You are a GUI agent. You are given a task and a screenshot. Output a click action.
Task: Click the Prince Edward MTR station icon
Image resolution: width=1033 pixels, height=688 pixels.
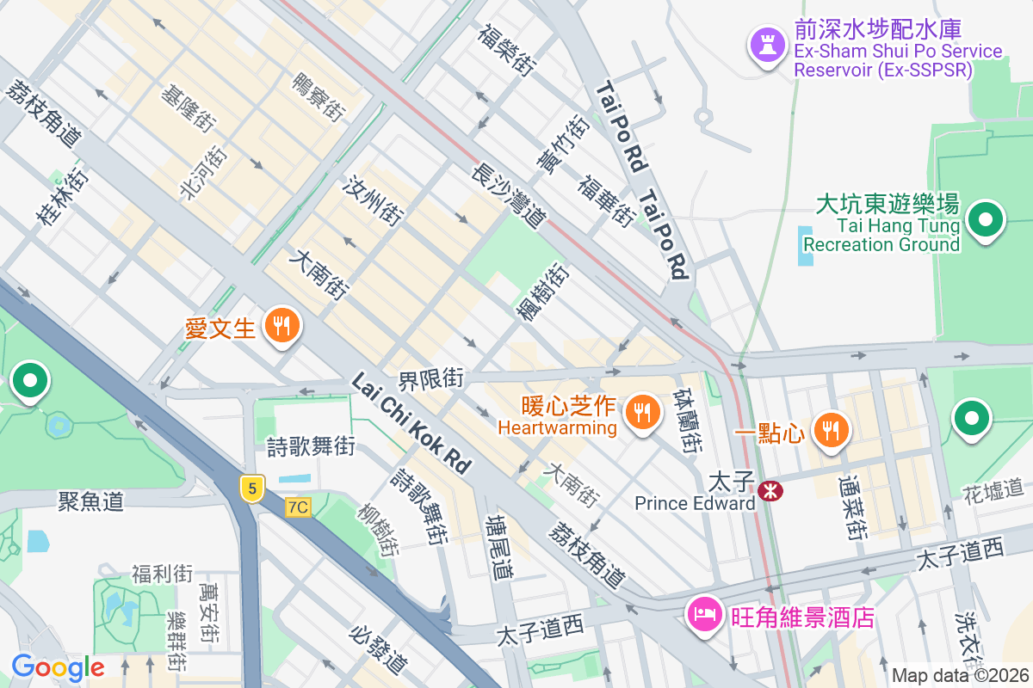click(x=770, y=490)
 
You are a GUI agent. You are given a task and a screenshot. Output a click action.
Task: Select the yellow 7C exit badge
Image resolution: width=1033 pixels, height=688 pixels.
click(x=298, y=507)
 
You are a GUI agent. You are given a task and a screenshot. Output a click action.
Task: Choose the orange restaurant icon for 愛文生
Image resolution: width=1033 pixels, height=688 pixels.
click(x=281, y=326)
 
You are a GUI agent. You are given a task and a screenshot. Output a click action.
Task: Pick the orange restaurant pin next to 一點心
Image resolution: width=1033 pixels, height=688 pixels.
click(x=831, y=430)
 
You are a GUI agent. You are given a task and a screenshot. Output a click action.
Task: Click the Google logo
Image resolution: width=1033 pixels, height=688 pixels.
click(x=58, y=667)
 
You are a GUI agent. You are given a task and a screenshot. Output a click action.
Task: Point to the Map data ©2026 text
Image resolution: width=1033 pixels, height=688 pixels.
click(x=960, y=675)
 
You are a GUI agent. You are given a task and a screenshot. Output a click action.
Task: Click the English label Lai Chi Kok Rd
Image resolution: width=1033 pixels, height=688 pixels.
click(x=411, y=424)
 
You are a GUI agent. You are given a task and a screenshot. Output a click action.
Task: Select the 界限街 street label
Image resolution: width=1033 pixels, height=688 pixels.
click(x=430, y=378)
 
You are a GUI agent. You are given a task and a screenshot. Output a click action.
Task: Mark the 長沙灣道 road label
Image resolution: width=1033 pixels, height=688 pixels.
click(x=509, y=197)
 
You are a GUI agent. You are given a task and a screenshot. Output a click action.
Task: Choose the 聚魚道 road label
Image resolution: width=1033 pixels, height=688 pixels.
click(x=91, y=500)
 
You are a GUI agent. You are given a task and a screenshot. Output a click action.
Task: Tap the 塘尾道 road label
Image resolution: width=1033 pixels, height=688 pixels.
click(x=499, y=546)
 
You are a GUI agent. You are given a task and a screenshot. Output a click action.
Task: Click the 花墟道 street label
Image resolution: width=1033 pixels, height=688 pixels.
click(x=996, y=492)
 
